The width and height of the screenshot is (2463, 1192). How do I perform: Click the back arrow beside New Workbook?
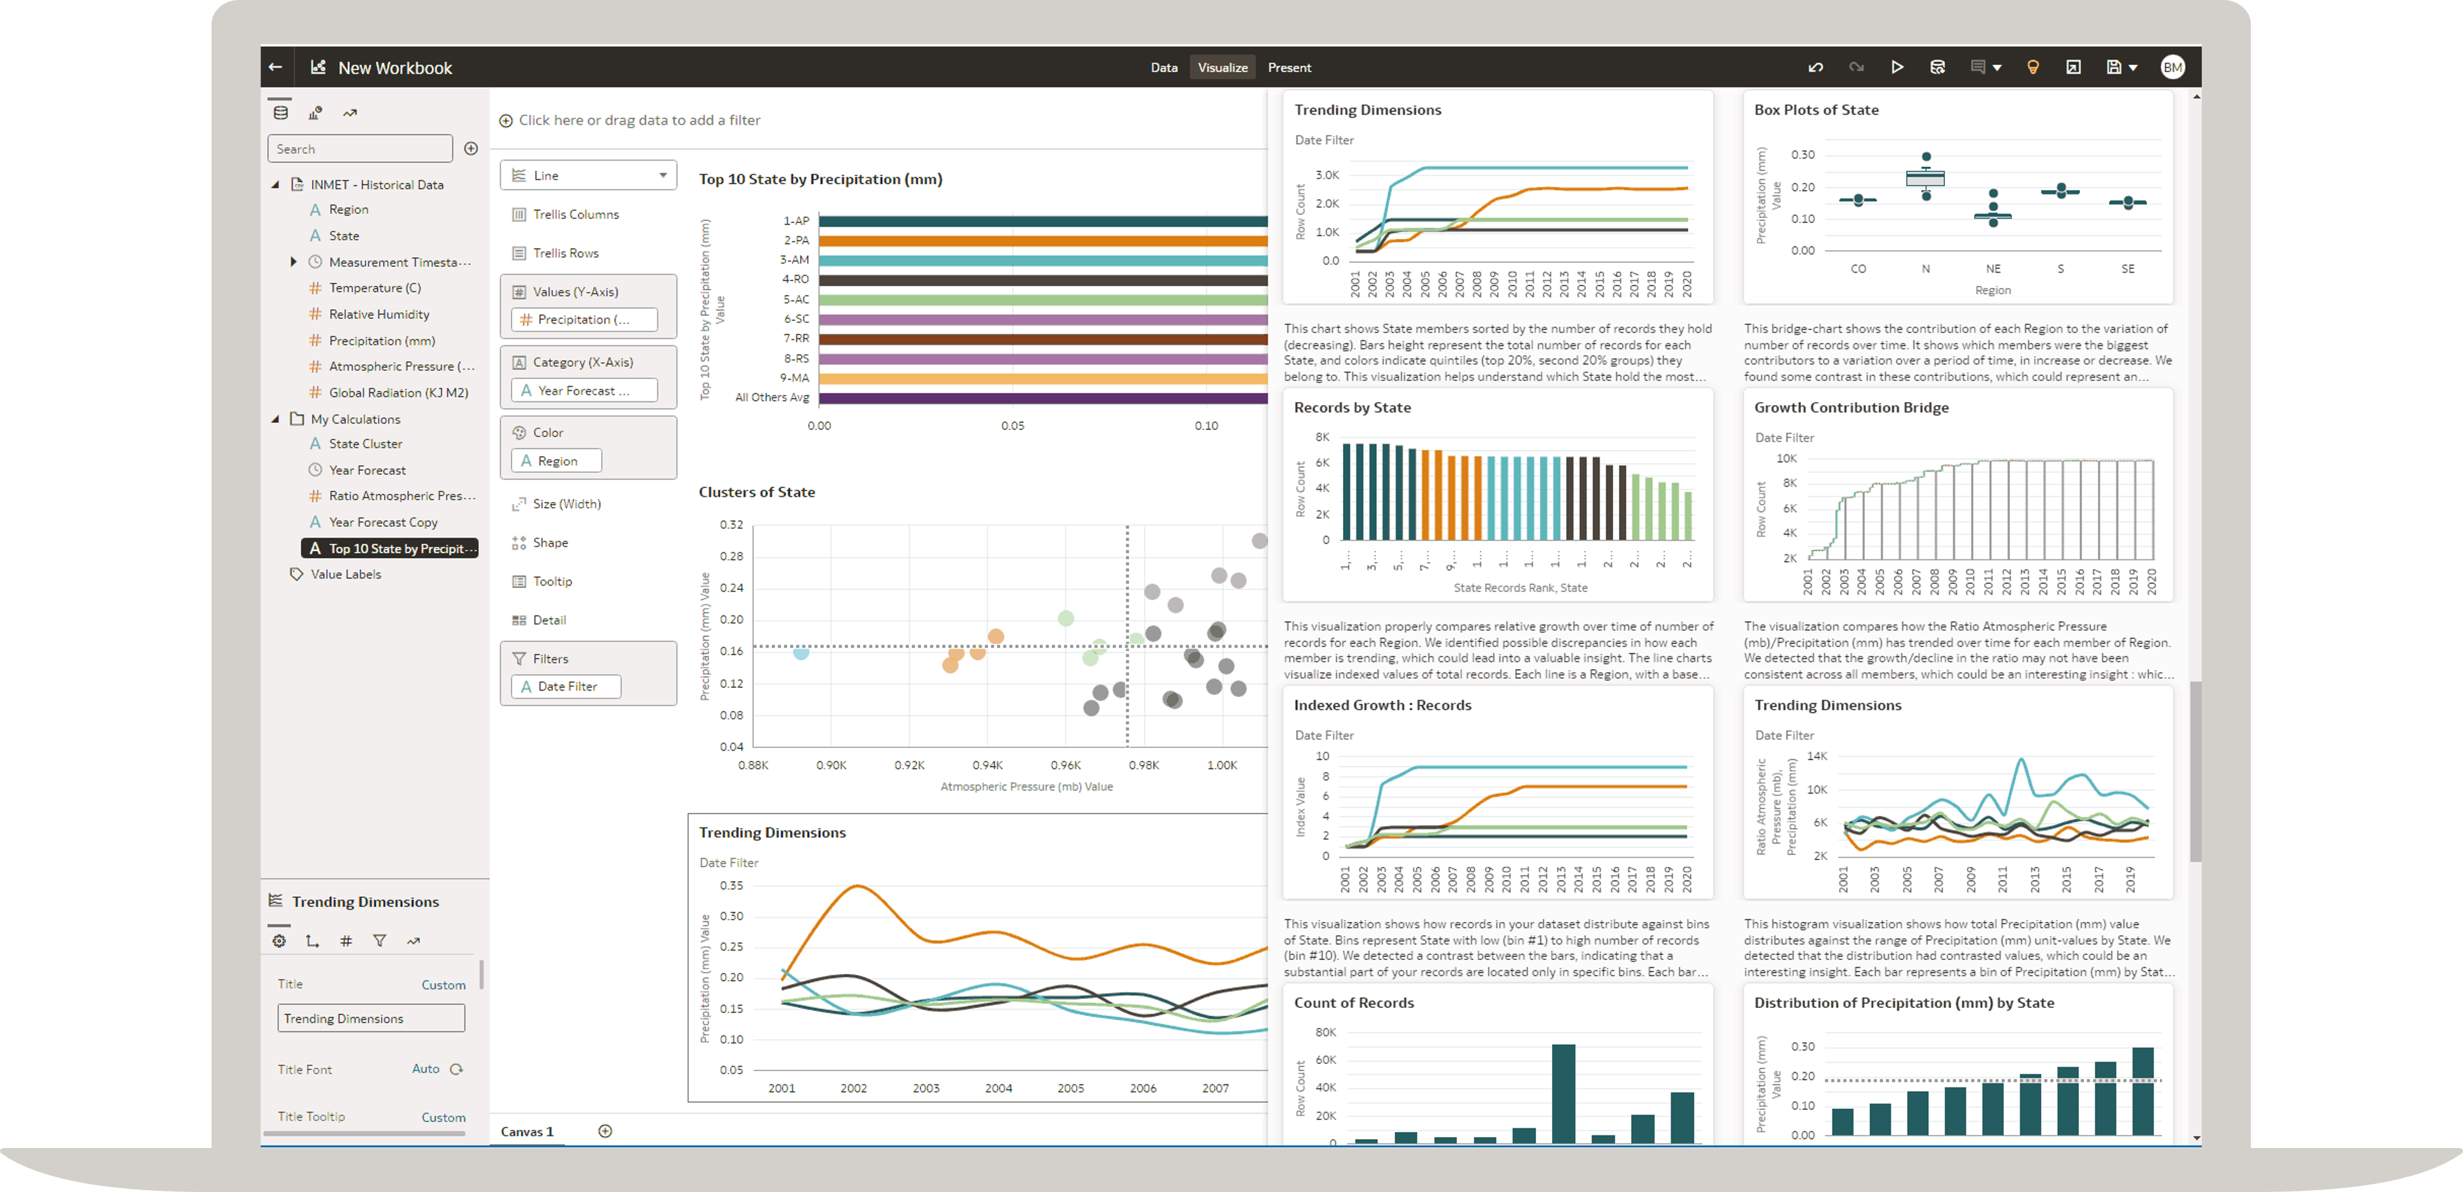(x=275, y=67)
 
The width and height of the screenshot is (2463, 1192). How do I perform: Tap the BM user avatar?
(x=2172, y=67)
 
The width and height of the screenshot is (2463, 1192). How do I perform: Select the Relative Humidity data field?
(x=378, y=315)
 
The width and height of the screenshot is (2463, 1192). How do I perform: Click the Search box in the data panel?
(x=359, y=149)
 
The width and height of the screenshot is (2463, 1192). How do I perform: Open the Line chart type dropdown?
(x=588, y=176)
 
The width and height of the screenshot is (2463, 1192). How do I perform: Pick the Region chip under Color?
(x=556, y=461)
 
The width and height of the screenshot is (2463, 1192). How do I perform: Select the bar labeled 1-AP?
(x=1042, y=221)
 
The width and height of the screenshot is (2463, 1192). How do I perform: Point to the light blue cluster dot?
(x=801, y=653)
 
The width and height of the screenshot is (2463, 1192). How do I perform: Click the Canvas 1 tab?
(x=527, y=1131)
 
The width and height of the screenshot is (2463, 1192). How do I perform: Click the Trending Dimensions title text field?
(x=371, y=1019)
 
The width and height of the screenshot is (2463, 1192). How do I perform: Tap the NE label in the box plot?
(x=1993, y=269)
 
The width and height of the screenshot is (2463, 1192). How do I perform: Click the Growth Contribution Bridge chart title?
(x=1851, y=407)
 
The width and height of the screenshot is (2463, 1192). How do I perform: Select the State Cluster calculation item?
(x=365, y=443)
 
